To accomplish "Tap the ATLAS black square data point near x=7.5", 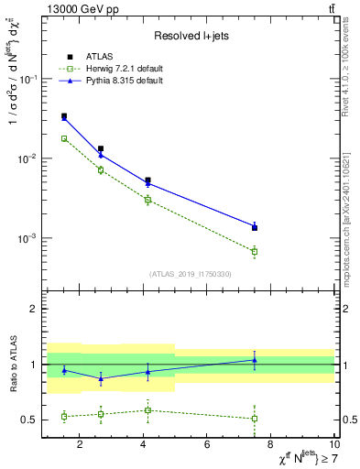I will (255, 227).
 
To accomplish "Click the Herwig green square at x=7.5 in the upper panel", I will (255, 251).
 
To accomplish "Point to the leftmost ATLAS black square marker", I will (63, 116).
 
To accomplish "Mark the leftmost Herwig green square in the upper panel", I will (63, 138).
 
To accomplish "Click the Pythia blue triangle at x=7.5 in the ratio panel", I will (255, 360).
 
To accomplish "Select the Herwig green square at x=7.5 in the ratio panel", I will (255, 419).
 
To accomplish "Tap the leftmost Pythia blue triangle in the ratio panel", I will (63, 370).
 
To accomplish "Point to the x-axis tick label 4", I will (144, 445).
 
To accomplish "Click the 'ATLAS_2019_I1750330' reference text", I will (191, 274).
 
